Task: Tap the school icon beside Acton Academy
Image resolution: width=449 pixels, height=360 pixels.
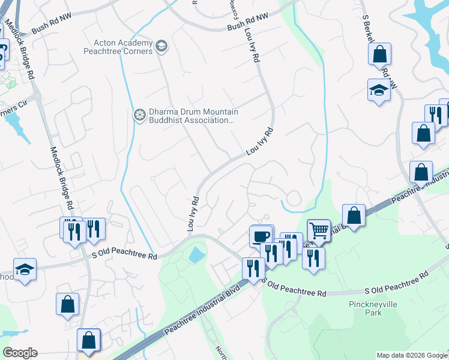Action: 161,46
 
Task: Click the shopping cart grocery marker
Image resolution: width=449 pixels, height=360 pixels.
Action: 318,230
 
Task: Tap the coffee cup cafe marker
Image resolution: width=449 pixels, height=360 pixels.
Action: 261,236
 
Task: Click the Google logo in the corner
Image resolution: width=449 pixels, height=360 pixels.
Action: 20,353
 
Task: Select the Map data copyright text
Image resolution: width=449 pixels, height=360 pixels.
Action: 412,355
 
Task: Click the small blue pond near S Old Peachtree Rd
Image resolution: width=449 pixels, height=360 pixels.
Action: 197,256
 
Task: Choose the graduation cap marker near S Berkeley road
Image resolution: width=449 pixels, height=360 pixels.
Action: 379,91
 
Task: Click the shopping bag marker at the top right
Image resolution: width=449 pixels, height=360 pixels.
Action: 380,55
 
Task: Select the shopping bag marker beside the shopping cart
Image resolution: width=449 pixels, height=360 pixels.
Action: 354,215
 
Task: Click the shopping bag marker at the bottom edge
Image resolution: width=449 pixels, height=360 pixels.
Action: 89,341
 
